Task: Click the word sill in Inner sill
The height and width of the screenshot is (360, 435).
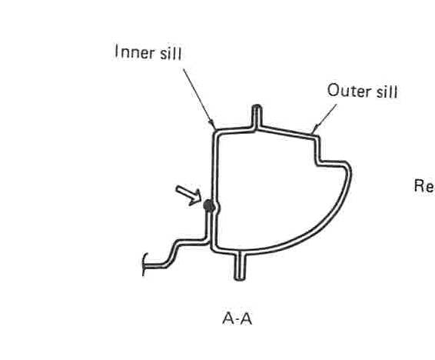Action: point(171,53)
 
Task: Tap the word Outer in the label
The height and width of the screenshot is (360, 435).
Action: point(349,91)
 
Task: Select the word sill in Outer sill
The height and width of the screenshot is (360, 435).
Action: point(387,91)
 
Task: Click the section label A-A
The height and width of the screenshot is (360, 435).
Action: point(237,318)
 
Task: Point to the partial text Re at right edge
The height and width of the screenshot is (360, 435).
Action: point(424,185)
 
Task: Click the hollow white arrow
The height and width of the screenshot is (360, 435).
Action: point(189,195)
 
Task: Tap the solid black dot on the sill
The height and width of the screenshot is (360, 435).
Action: point(208,206)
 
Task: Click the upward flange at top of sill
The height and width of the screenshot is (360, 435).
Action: point(257,117)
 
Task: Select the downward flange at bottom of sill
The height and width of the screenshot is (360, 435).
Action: point(240,266)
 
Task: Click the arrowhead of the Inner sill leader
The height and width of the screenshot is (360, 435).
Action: point(213,125)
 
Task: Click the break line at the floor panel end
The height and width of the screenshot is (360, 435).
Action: point(144,265)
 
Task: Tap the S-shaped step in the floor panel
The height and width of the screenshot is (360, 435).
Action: point(173,253)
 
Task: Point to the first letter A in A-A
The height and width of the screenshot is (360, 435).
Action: point(228,318)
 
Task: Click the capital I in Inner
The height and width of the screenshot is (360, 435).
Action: point(116,52)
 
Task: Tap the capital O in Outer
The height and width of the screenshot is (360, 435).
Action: point(334,91)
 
